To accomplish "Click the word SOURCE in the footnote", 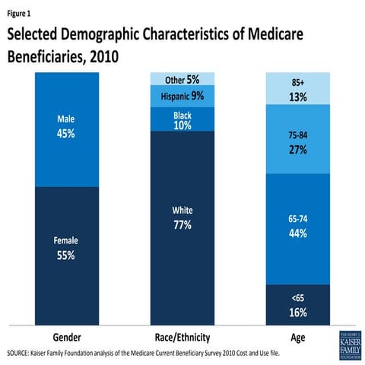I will (x=21, y=354).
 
